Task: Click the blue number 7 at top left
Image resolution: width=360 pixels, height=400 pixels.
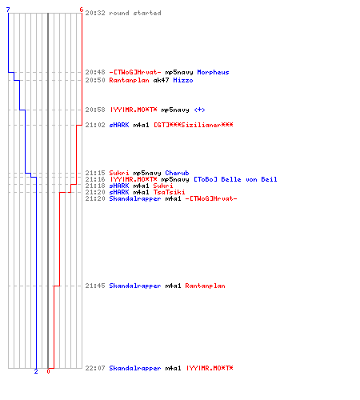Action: tap(8, 10)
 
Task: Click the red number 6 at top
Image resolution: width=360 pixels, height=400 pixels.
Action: tap(82, 10)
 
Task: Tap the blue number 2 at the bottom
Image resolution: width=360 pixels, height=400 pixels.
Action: tap(36, 371)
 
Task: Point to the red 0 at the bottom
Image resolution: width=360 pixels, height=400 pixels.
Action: tap(48, 371)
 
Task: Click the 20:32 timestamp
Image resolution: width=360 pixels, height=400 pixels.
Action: tap(95, 13)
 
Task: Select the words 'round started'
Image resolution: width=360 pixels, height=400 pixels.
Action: tap(135, 13)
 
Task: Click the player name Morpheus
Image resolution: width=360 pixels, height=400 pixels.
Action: tap(213, 72)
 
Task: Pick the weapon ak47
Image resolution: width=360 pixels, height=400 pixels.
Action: tap(161, 80)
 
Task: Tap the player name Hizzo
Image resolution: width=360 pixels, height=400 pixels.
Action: tap(183, 80)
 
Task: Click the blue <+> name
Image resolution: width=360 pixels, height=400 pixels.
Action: tap(199, 110)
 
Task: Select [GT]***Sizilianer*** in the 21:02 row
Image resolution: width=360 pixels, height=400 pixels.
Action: tap(194, 125)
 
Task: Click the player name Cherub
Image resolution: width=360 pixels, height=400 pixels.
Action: tap(177, 173)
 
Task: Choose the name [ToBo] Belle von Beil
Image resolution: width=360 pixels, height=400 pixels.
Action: tap(235, 179)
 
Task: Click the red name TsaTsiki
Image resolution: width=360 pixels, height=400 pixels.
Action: tap(169, 192)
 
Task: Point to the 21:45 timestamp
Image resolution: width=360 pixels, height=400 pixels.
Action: tap(95, 286)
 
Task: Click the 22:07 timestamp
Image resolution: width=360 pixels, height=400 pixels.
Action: tap(95, 368)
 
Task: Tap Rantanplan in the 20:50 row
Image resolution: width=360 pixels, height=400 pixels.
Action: tap(129, 80)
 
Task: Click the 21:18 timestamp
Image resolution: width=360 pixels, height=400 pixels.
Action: tap(95, 186)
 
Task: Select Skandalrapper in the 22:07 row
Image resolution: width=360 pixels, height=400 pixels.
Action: tap(135, 368)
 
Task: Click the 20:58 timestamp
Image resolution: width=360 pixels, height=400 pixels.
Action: tap(95, 110)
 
